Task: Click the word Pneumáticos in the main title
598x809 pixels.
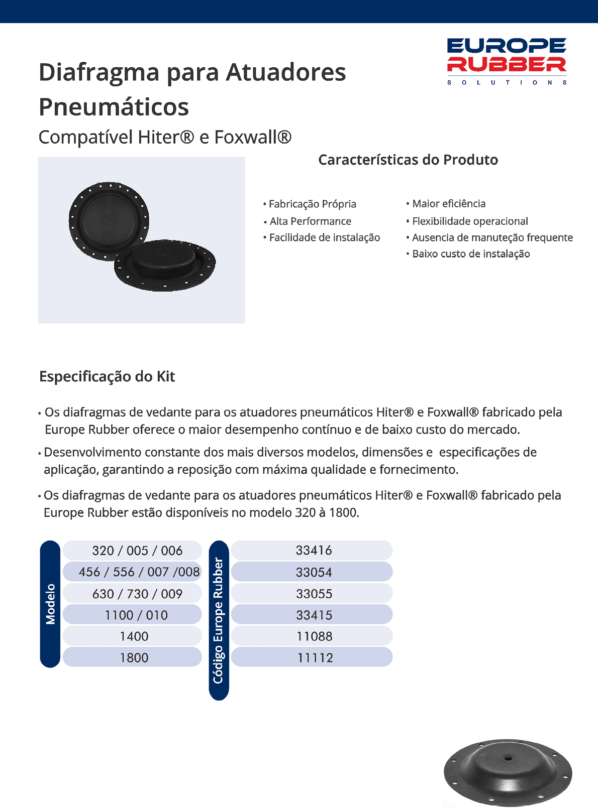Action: [x=114, y=106]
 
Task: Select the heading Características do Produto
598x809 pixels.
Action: [x=408, y=160]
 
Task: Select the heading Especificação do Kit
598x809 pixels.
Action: [x=107, y=376]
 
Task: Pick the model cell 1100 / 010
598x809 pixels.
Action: [x=136, y=615]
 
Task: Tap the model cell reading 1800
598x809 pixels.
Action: [x=134, y=657]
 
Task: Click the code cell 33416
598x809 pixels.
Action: [x=314, y=551]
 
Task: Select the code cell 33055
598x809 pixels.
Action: [x=314, y=594]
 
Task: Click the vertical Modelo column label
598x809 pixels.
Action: [x=50, y=604]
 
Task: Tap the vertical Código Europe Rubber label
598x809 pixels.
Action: [x=219, y=620]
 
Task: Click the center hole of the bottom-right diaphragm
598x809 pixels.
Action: [x=508, y=757]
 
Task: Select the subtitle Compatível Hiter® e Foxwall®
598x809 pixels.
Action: [x=165, y=137]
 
